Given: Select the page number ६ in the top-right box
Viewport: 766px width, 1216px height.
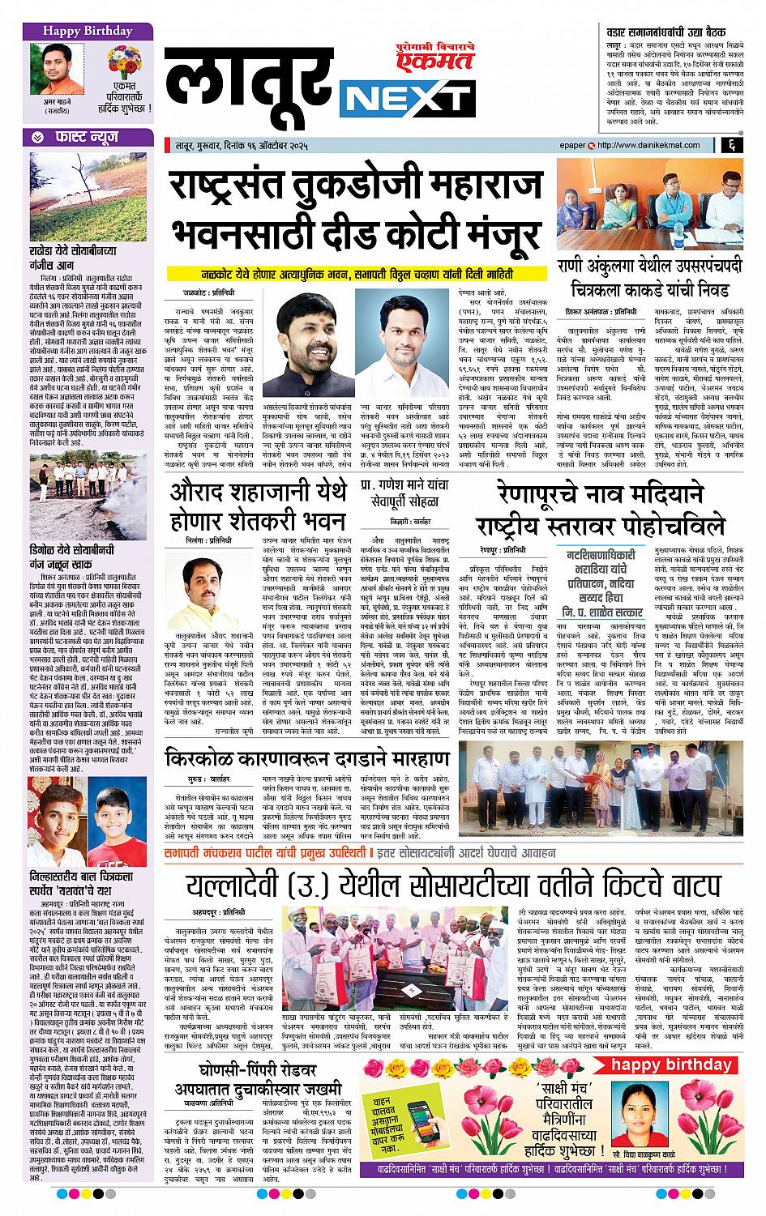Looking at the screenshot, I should [731, 145].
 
